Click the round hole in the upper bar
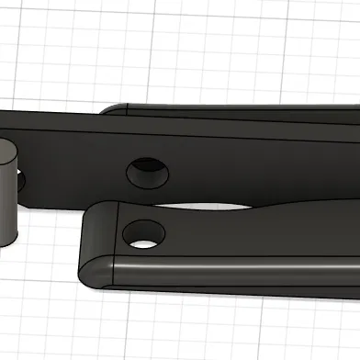(147, 170)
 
